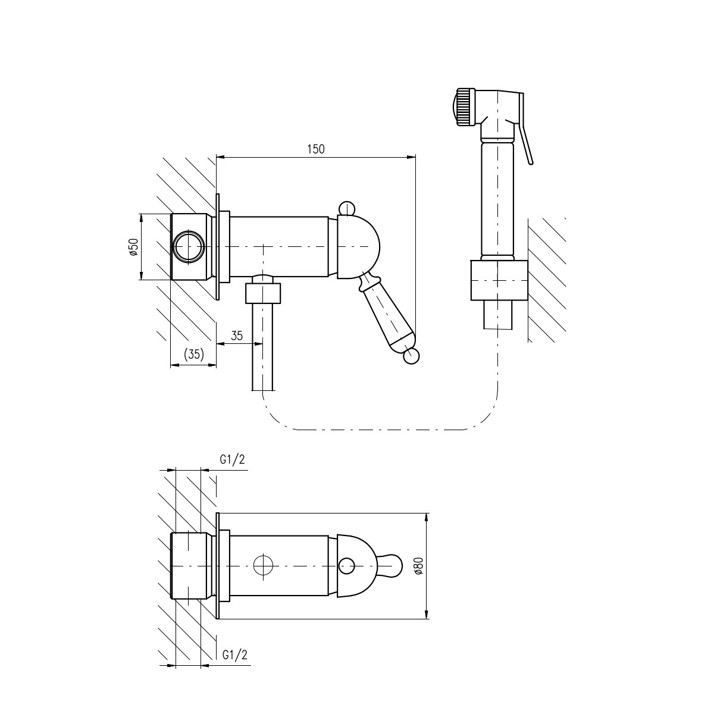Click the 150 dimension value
(x=316, y=149)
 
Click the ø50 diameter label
(x=133, y=246)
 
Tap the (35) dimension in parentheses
(x=194, y=354)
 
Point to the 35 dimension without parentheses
(x=237, y=336)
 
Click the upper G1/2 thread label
(x=232, y=459)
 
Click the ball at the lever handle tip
(x=412, y=356)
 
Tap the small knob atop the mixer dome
(x=347, y=208)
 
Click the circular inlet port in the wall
(x=189, y=247)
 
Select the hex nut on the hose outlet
(x=263, y=293)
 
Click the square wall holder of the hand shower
(x=499, y=280)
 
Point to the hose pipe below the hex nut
(x=263, y=346)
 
